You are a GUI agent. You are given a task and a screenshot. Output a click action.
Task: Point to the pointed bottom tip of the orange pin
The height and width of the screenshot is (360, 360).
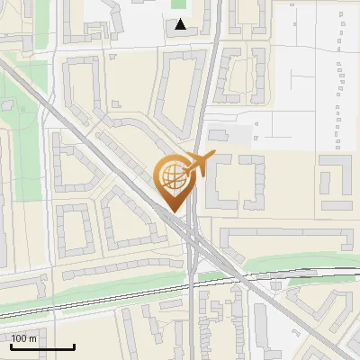173,211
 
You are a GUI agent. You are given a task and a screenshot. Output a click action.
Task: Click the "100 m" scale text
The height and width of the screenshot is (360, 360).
24,338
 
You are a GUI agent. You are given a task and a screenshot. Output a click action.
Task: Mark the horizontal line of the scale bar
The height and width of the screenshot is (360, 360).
42,347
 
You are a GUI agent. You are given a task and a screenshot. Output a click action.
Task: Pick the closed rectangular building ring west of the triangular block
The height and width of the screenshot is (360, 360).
74,230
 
